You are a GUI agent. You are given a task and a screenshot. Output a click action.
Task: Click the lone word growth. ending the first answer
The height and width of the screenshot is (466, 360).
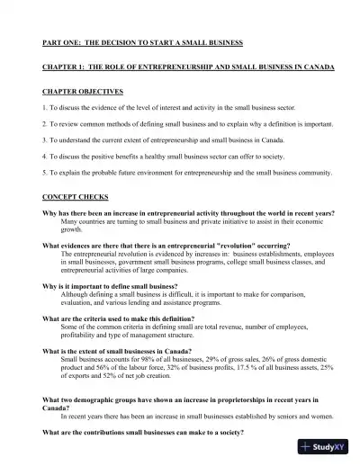tap(72, 229)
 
